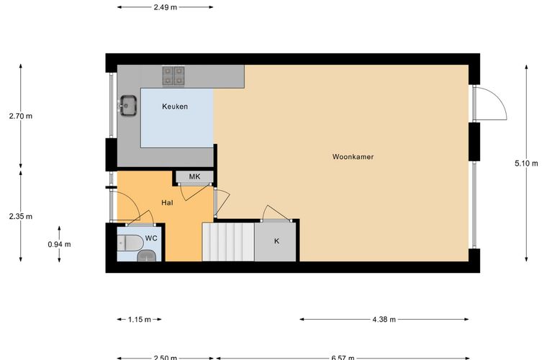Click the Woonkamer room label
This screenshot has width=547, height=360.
point(353,157)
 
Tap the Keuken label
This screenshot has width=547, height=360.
point(175,107)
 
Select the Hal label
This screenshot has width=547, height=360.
point(167,202)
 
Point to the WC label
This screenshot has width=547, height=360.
point(151,238)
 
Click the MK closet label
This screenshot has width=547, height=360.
point(194,176)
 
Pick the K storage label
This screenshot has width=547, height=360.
point(276,241)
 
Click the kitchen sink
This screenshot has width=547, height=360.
point(128,105)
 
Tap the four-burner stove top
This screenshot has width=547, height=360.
point(173,76)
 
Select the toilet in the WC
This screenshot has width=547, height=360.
point(130,243)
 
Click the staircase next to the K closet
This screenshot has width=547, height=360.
point(228,242)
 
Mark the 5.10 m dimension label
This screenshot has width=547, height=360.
point(526,163)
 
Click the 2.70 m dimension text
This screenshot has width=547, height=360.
point(21,116)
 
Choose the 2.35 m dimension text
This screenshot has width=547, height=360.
point(21,216)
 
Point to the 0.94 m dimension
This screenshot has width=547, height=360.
point(59,244)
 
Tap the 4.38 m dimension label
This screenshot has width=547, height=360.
point(384,319)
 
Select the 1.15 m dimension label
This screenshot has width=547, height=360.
point(140,319)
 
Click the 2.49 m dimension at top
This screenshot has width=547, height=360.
point(166,7)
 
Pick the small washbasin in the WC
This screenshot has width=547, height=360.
point(147,256)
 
